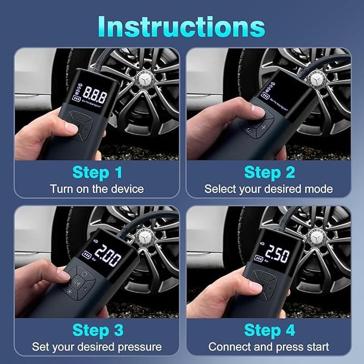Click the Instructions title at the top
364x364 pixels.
(182, 26)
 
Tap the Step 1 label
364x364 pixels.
(97, 173)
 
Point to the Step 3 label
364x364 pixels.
(97, 330)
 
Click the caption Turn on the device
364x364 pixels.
(97, 189)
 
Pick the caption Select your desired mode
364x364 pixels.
(268, 189)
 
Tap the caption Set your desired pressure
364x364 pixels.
(97, 346)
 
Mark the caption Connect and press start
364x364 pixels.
(268, 346)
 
